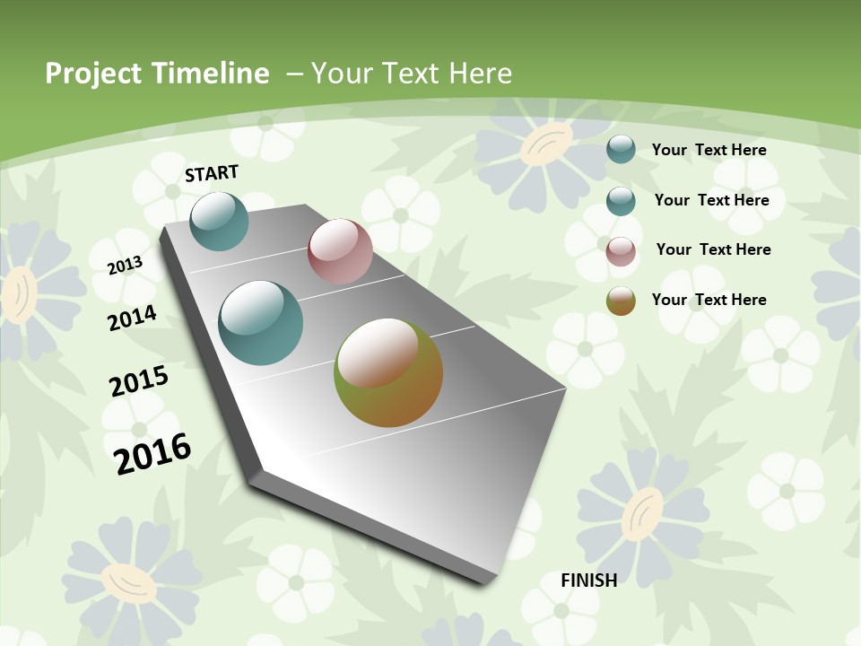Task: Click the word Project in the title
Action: coord(94,74)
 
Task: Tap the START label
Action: coord(212,173)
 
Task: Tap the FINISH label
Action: coord(589,581)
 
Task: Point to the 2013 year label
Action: coord(125,266)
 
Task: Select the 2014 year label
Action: coord(133,319)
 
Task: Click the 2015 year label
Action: coord(139,381)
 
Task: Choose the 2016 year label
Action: coord(152,453)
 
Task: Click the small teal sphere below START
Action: coord(219,221)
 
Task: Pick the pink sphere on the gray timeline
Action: coord(340,251)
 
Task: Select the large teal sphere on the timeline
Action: coord(261,323)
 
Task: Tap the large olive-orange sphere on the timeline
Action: coord(388,372)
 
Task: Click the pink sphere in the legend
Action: coord(621,251)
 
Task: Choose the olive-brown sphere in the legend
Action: coord(621,301)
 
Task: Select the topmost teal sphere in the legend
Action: coord(621,149)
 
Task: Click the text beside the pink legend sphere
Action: coord(713,249)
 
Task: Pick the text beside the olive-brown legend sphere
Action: coord(709,300)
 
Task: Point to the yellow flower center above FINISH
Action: coord(642,512)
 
